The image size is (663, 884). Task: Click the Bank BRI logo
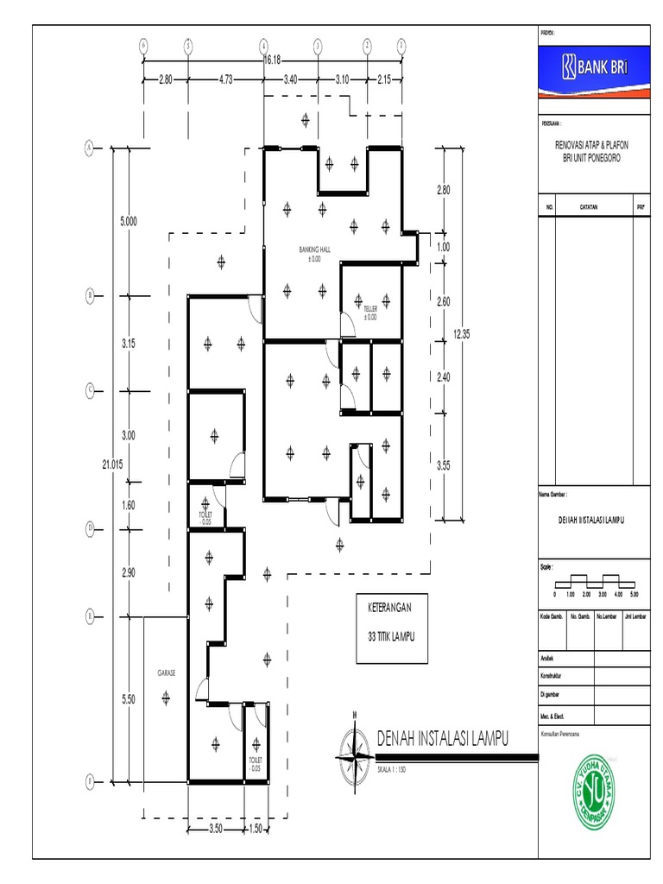pyautogui.click(x=593, y=67)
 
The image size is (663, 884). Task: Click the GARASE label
pyautogui.click(x=166, y=672)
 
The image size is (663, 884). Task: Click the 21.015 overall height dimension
pyautogui.click(x=113, y=464)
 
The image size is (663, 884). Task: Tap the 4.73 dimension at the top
pyautogui.click(x=225, y=79)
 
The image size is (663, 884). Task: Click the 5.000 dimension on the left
pyautogui.click(x=128, y=222)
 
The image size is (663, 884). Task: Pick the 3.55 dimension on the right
pyautogui.click(x=444, y=465)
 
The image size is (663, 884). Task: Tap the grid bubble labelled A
pyautogui.click(x=88, y=148)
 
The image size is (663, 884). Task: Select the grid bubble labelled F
pyautogui.click(x=88, y=782)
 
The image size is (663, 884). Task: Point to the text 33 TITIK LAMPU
pyautogui.click(x=391, y=636)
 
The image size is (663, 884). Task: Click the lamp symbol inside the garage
pyautogui.click(x=166, y=699)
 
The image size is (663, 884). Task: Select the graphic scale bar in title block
pyautogui.click(x=594, y=580)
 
